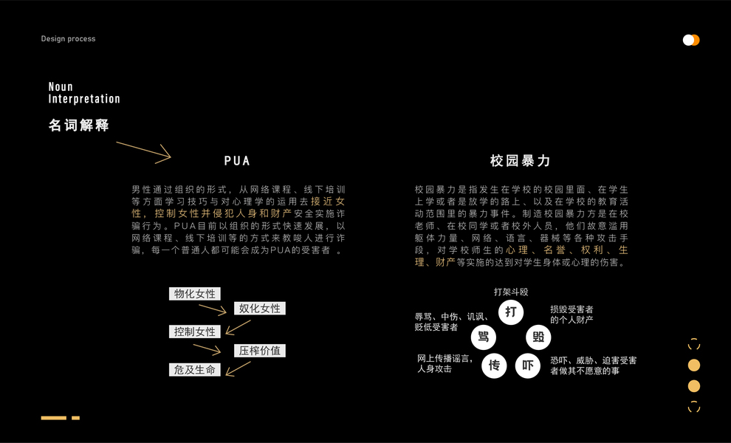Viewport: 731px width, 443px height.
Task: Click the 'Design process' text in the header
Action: coord(68,39)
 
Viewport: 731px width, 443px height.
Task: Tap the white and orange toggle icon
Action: coord(691,40)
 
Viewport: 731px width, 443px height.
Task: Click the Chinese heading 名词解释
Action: coord(79,126)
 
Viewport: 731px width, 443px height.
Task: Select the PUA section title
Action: coord(237,161)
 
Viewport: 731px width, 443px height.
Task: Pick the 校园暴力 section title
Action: coord(521,161)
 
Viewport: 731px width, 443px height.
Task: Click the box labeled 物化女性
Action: coord(195,294)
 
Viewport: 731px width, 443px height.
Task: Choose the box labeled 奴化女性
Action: coord(259,309)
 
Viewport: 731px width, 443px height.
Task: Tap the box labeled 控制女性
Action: coord(195,332)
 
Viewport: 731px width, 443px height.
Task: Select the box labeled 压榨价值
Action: coord(259,351)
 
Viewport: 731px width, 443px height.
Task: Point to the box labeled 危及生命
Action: coord(195,370)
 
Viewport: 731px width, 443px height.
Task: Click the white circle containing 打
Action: coord(510,312)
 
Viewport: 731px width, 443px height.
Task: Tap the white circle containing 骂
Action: coord(484,337)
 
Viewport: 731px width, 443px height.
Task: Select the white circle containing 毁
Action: coord(538,337)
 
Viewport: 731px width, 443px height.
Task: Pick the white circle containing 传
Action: coord(494,365)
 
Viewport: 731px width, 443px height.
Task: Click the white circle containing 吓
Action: coord(527,365)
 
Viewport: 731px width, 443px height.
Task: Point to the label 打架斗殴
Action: coord(511,292)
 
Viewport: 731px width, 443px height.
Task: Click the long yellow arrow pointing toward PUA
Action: coord(143,150)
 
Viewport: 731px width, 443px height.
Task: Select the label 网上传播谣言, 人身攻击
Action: coord(445,363)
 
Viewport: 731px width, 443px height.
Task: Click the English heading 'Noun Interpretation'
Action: coord(84,93)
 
